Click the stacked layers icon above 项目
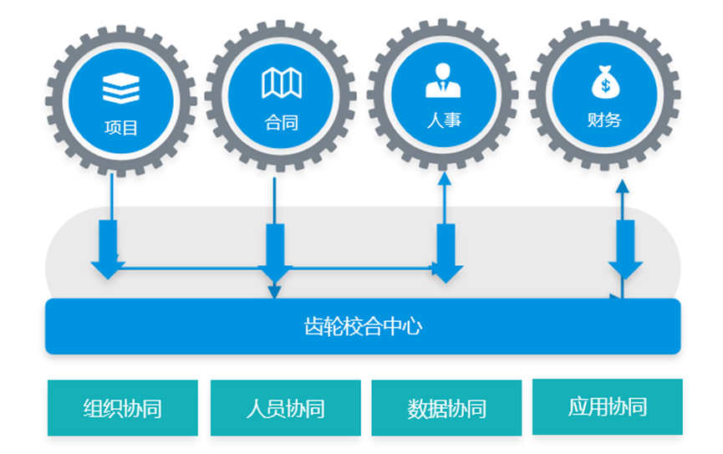click(x=121, y=88)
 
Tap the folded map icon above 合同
click(x=282, y=83)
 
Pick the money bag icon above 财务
click(x=605, y=82)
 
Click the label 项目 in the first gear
click(x=121, y=127)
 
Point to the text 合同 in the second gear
click(x=282, y=123)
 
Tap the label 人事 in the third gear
click(x=444, y=120)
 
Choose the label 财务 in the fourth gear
click(x=604, y=120)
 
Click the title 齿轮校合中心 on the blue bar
click(x=363, y=327)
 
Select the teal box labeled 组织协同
click(x=123, y=408)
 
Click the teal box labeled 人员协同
click(x=285, y=408)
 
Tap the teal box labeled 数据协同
click(x=446, y=408)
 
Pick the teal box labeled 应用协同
click(x=608, y=407)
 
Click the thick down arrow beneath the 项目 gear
click(x=108, y=250)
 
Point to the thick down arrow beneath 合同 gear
click(x=275, y=253)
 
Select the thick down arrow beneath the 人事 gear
click(x=446, y=253)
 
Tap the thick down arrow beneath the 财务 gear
click(x=625, y=250)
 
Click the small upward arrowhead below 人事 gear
click(x=444, y=179)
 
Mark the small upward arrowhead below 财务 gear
click(x=623, y=186)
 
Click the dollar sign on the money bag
click(x=606, y=85)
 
